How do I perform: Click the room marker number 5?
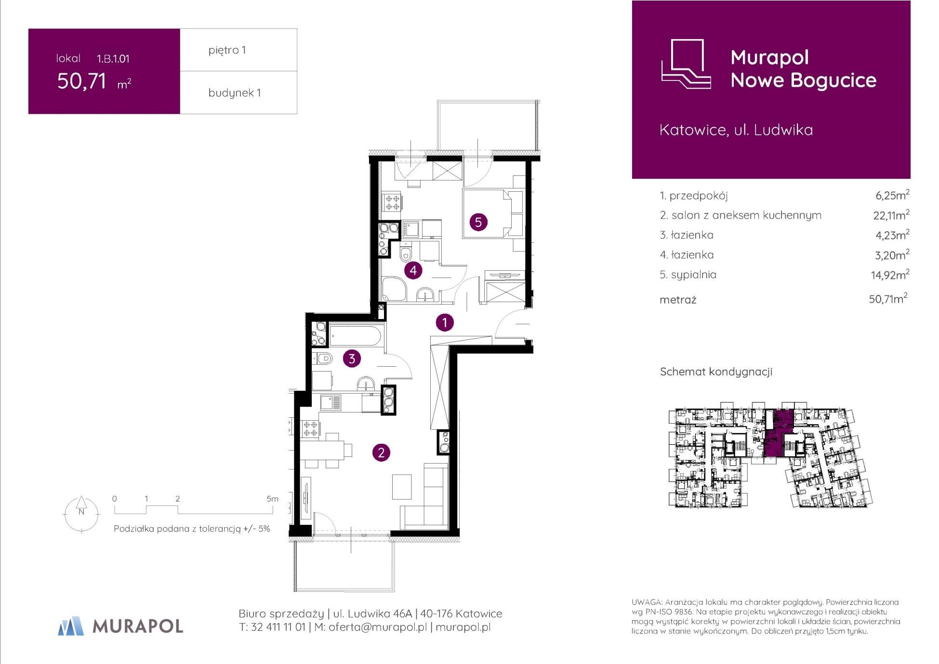478,222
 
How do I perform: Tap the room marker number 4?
413,271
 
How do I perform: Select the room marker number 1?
444,322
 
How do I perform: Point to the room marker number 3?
352,359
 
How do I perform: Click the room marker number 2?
381,452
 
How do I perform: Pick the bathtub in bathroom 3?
356,335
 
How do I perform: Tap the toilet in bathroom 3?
323,359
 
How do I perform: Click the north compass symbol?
81,513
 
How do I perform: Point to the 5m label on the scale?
272,499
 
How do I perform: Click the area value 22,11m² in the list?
891,215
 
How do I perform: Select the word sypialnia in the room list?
694,275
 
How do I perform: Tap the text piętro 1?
227,50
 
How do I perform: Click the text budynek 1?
235,93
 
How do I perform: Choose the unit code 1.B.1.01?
113,59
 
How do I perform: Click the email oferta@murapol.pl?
378,627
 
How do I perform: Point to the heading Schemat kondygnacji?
716,372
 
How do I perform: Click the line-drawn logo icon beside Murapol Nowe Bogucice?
686,64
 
